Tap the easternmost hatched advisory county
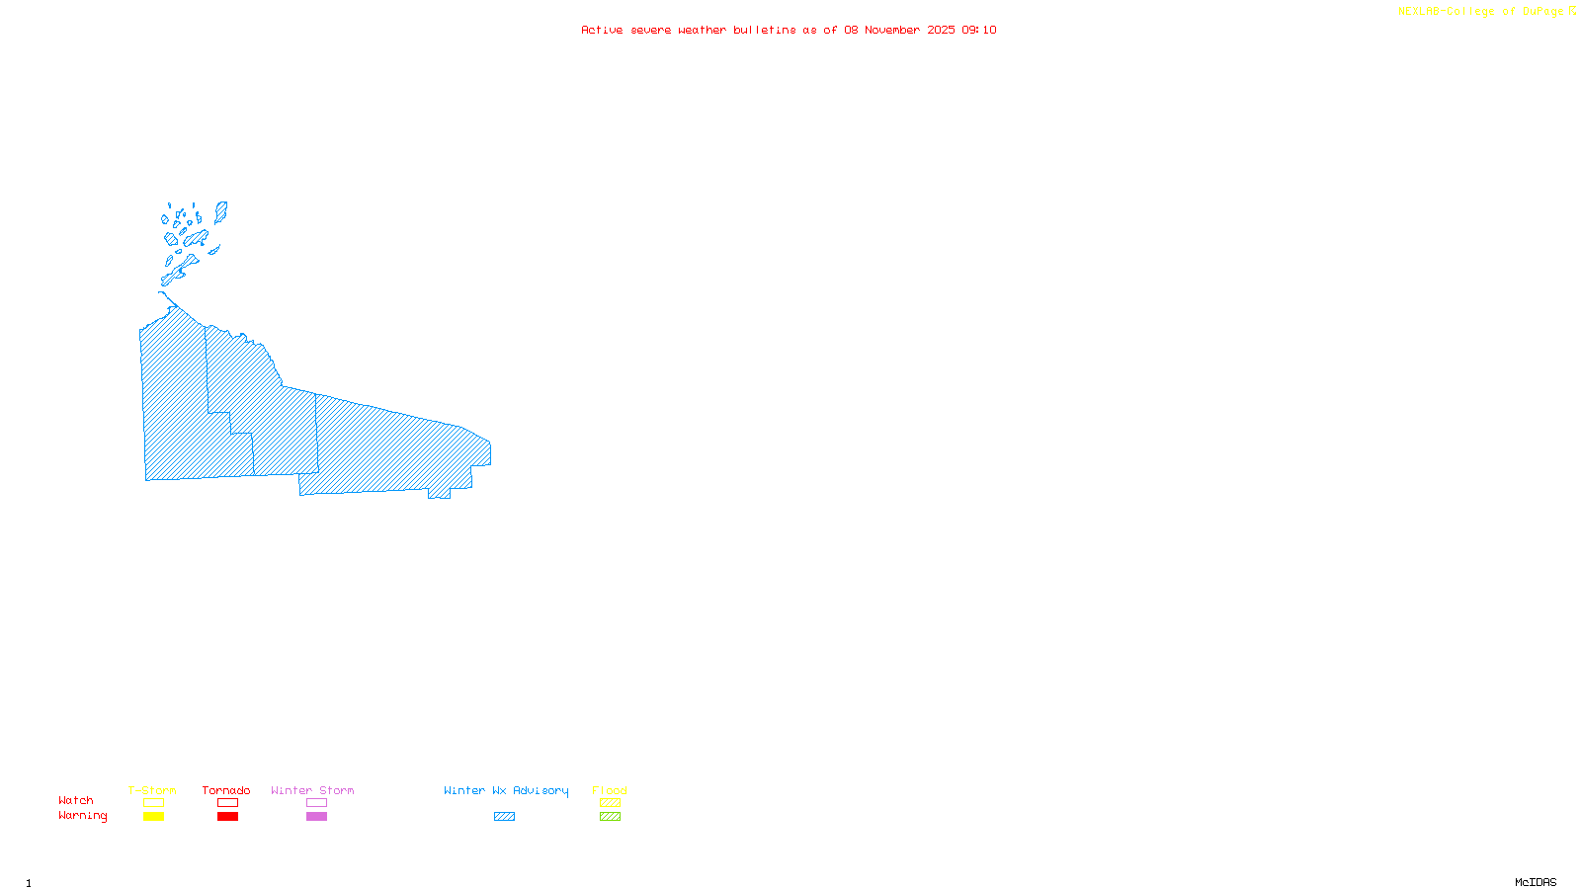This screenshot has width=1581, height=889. click(x=395, y=449)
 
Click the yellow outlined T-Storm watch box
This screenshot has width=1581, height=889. click(x=153, y=803)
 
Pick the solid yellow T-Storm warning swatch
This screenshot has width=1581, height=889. click(x=153, y=817)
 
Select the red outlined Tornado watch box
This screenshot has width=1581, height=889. click(x=227, y=803)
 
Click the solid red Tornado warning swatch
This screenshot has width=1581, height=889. click(x=227, y=817)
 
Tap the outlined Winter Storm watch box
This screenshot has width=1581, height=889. click(x=316, y=803)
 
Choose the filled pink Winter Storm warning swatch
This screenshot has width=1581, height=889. click(x=316, y=817)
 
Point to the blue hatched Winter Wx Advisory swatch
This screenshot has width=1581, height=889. click(x=504, y=817)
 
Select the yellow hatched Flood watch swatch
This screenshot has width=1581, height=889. click(x=610, y=803)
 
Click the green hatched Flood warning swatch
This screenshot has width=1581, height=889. click(x=610, y=817)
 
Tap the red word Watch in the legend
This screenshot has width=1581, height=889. click(x=76, y=801)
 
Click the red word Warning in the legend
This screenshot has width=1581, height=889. click(x=82, y=816)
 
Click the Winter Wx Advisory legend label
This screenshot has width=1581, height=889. click(x=506, y=790)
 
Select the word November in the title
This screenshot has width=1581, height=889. click(x=892, y=30)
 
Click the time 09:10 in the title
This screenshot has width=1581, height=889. click(x=979, y=30)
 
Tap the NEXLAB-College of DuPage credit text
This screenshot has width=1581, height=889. click(x=1481, y=12)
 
